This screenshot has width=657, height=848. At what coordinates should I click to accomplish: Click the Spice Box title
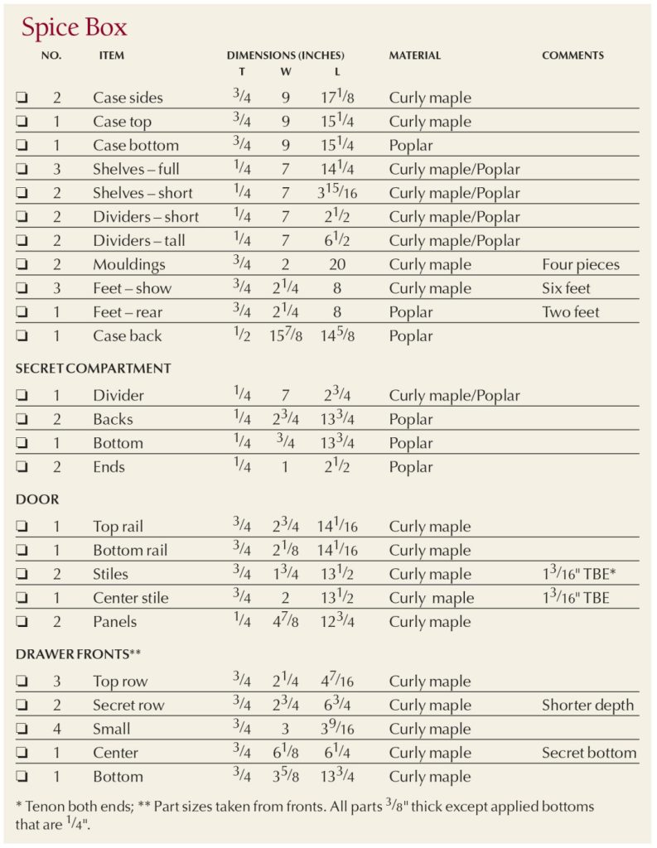pos(75,28)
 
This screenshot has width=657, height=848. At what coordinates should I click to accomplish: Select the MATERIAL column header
pos(414,55)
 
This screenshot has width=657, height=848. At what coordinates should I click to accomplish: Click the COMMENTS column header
pos(572,55)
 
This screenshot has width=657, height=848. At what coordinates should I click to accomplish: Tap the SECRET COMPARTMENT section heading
pos(93,368)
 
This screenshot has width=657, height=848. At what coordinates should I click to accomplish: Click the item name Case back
pos(127,336)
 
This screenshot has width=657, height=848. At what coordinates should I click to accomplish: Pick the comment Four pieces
pos(580,265)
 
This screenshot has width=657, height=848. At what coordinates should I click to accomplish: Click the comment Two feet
pos(570,312)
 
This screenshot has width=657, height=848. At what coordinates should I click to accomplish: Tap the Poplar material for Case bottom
pos(411,146)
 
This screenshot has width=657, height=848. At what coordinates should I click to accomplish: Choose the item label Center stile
pos(130,598)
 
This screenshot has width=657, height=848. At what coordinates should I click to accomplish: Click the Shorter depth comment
pos(587,706)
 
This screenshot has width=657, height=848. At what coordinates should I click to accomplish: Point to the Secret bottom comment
pos(589,753)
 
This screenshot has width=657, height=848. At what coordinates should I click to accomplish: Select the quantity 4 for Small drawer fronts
pos(57,730)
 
